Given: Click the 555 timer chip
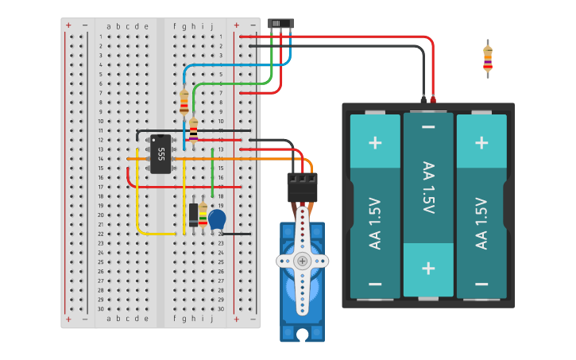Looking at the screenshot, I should coord(160,153).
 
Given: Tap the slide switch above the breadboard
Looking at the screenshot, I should coord(280,24).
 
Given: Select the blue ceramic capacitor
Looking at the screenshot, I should coord(217,219).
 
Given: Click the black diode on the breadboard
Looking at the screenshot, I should coord(193,214).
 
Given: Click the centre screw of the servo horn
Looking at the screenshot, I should coord(302,261).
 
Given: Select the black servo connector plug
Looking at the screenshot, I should coord(302,187).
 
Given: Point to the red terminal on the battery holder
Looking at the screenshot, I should coord(433,99).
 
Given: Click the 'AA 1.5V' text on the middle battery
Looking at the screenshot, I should coord(428,188).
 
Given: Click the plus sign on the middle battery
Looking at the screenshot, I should coord(428,267).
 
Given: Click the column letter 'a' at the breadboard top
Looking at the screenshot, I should coord(109,26).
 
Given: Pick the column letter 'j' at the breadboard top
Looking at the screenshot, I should coord(212,26).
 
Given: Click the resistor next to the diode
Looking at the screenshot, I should coord(203,214).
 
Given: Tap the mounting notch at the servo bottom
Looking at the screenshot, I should coord(302,335).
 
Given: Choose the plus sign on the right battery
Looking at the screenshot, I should coord(481,143).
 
